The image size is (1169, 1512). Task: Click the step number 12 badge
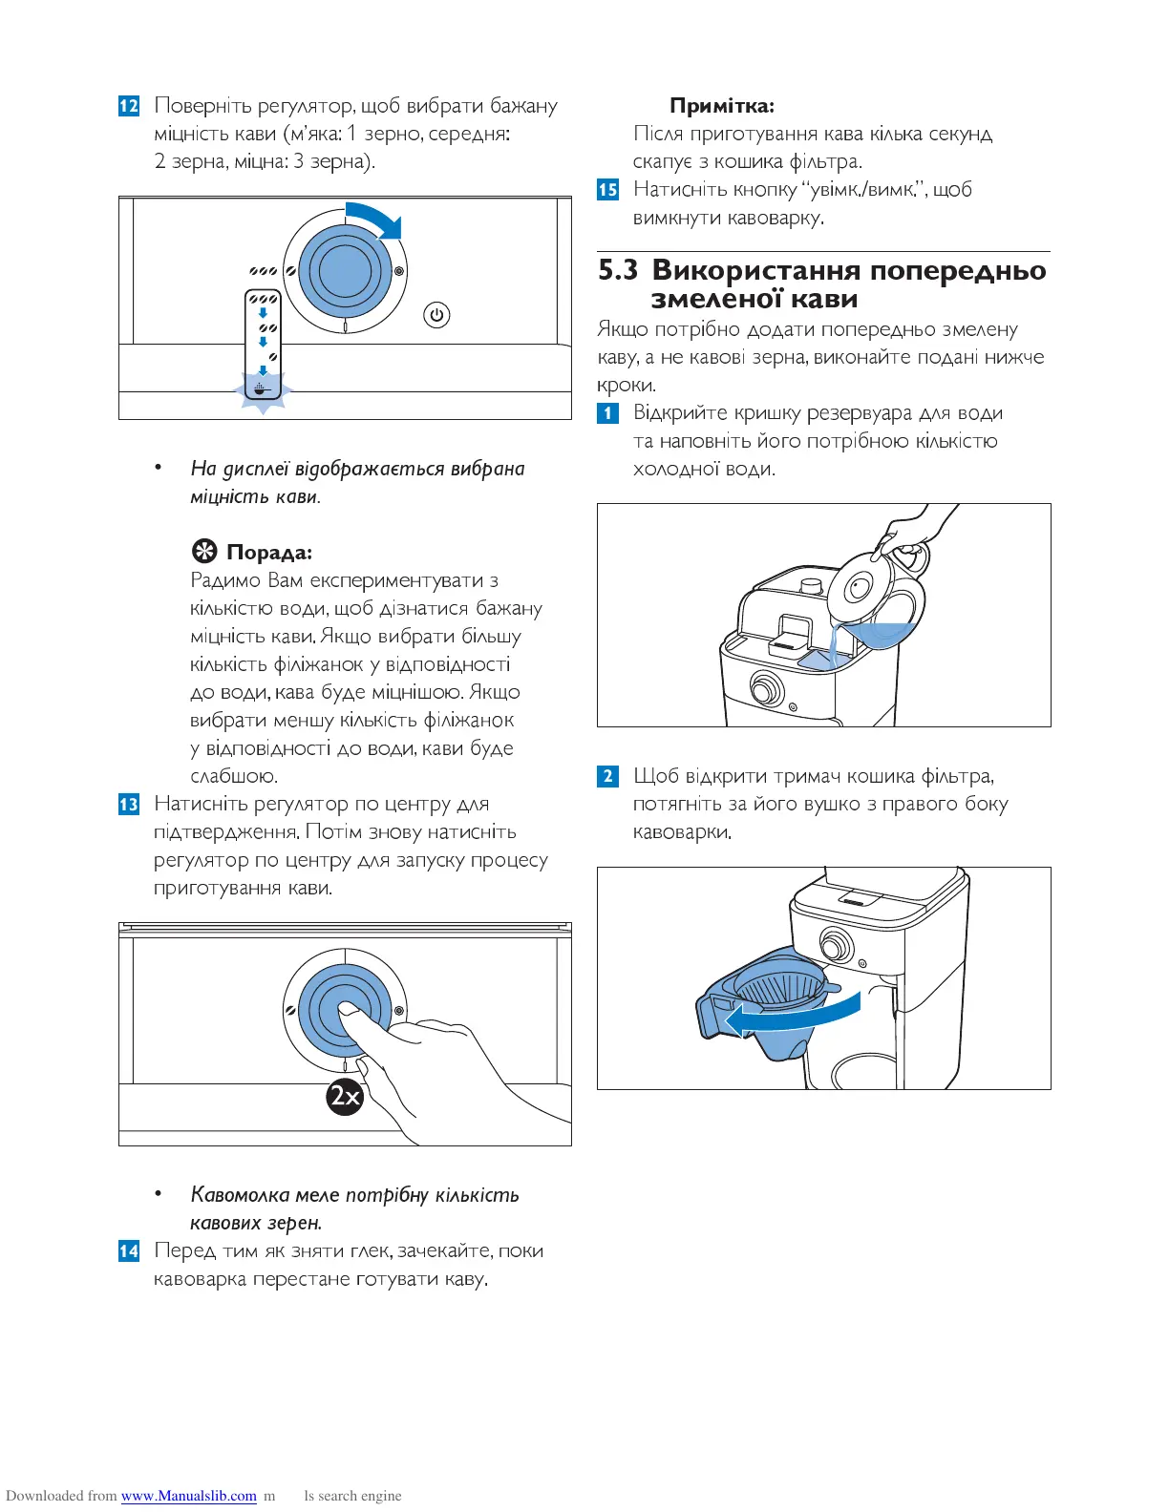129,106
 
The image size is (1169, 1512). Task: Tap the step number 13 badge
129,805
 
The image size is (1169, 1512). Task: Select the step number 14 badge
129,1251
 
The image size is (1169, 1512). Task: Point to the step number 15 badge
608,190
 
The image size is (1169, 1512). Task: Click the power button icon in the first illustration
436,315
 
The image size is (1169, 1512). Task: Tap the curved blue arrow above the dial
376,219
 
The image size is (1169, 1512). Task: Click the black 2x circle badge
345,1096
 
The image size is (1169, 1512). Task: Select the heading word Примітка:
721,106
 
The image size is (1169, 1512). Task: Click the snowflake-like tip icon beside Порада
203,552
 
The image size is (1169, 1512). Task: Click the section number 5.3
618,271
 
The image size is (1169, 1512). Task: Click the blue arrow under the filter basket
793,1018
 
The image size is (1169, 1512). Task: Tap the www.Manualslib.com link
189,1496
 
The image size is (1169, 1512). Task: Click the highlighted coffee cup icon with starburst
263,389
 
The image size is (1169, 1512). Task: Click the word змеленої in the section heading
709,300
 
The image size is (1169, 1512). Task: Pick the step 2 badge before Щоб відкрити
608,776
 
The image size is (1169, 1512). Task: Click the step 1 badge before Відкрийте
608,413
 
